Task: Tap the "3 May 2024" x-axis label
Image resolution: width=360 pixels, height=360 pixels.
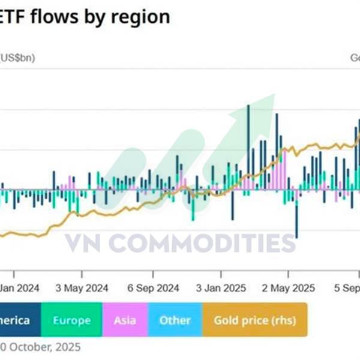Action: (x=82, y=288)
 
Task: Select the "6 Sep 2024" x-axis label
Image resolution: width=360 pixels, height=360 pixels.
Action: (x=153, y=288)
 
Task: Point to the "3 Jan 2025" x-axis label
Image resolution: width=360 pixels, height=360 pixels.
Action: (x=222, y=288)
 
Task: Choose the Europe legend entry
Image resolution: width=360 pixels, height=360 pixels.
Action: (x=71, y=320)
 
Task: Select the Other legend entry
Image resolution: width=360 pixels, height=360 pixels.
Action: (x=175, y=320)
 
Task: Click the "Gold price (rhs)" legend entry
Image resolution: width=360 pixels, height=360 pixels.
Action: (x=255, y=320)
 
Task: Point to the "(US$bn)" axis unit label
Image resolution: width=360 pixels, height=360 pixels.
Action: (x=18, y=58)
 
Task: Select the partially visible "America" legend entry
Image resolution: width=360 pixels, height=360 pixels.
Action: (x=17, y=320)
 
